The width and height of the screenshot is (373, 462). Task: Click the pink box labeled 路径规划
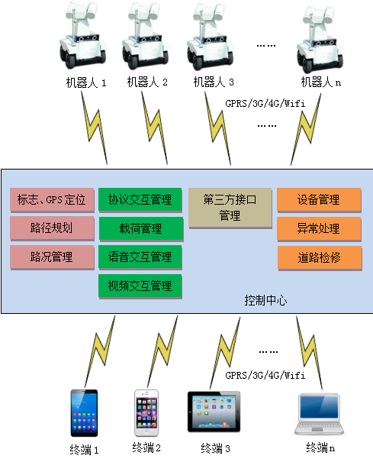(x=52, y=228)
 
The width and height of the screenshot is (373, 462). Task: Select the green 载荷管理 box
(x=141, y=229)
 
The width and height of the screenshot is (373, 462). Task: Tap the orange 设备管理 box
(x=319, y=200)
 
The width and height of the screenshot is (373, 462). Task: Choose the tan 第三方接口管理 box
(x=230, y=208)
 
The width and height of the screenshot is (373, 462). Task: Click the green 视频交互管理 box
(x=140, y=286)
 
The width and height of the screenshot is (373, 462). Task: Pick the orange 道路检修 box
(x=320, y=258)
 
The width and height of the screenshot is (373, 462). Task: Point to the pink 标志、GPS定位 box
(x=52, y=200)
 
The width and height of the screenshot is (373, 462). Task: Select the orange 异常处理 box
(x=319, y=229)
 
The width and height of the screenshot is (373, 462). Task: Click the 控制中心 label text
(x=265, y=300)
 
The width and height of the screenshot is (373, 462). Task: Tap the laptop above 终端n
(x=319, y=414)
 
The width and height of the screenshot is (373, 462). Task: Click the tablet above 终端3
(x=214, y=412)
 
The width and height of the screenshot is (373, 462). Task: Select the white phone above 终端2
(x=146, y=413)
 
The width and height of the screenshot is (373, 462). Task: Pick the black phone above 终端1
(x=84, y=413)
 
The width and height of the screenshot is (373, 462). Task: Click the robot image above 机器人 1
(x=82, y=35)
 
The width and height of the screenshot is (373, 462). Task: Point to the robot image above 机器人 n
(x=320, y=38)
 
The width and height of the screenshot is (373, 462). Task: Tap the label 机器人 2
(x=147, y=82)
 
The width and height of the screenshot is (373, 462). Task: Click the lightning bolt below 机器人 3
(x=218, y=128)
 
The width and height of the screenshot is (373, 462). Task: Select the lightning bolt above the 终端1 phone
(x=100, y=351)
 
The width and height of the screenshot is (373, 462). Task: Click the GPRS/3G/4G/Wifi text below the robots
(x=265, y=103)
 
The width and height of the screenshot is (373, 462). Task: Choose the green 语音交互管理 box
(x=140, y=257)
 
